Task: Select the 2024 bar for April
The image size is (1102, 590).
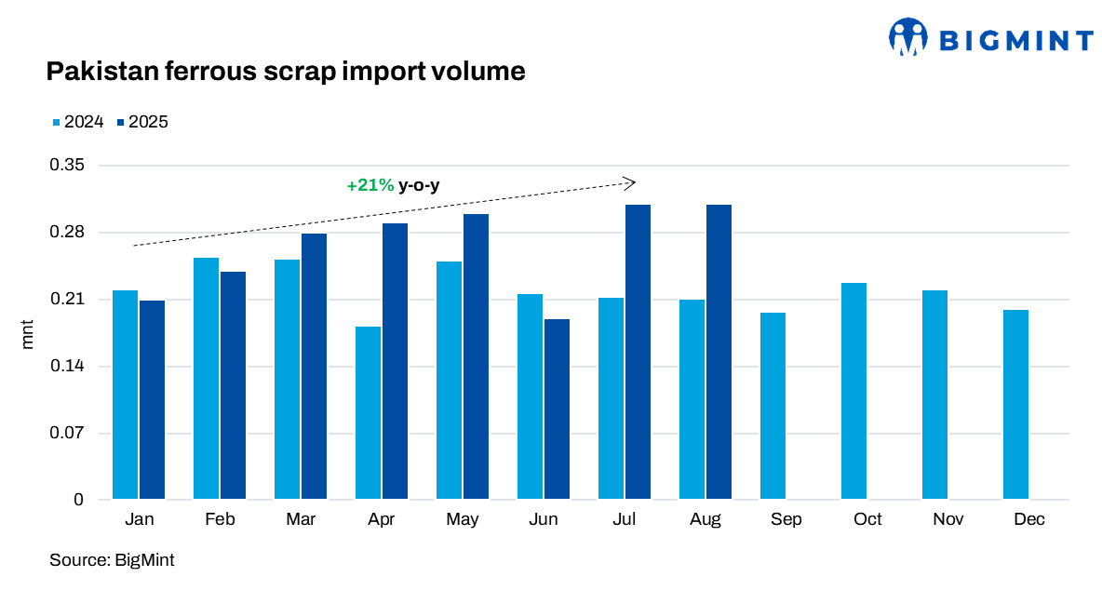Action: (x=368, y=413)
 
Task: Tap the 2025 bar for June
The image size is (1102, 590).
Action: (x=557, y=409)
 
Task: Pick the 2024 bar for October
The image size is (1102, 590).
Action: (x=853, y=391)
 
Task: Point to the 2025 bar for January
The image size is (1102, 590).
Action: (x=152, y=400)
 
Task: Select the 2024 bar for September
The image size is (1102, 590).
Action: (x=773, y=406)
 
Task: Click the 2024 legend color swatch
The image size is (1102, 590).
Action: (x=56, y=122)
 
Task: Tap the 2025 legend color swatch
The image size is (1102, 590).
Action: (x=121, y=122)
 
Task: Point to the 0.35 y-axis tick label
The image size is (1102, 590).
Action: (x=65, y=166)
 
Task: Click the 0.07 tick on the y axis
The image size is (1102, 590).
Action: (x=65, y=434)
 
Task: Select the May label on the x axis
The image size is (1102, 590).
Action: (x=463, y=519)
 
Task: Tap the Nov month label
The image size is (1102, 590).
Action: (x=947, y=519)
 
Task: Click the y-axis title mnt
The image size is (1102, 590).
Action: (x=27, y=333)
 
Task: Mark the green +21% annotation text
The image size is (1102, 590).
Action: (x=370, y=185)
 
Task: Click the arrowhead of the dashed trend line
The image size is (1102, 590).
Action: (x=630, y=182)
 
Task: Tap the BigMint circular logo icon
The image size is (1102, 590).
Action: (x=909, y=38)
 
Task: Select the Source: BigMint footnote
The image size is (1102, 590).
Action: (x=112, y=560)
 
